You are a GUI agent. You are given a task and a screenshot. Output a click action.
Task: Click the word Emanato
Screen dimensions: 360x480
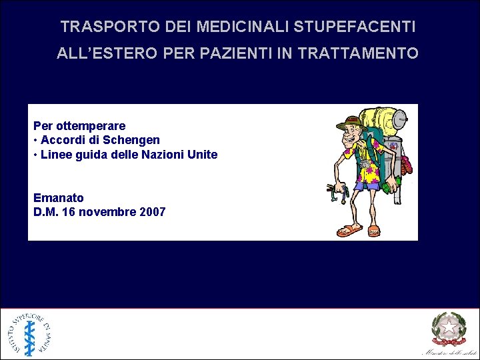59,198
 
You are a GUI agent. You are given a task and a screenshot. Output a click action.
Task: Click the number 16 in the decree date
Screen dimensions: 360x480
67,212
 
